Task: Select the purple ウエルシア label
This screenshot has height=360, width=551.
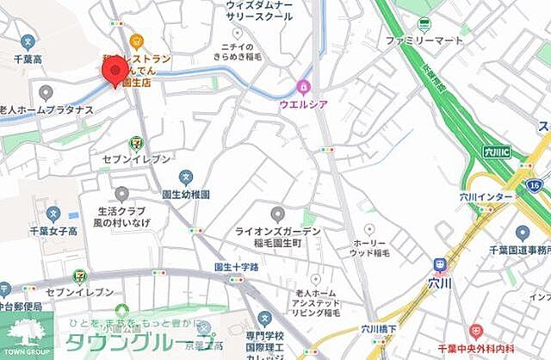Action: [302, 104]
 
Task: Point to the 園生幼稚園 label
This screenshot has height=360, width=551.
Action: [186, 196]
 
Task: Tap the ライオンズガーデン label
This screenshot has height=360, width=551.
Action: [278, 232]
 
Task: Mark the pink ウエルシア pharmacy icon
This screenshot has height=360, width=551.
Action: [302, 86]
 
